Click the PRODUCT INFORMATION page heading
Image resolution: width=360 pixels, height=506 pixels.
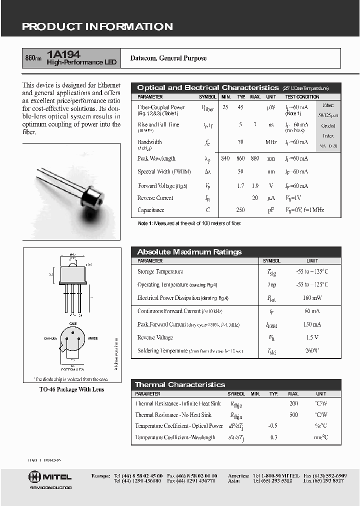click(x=97, y=27)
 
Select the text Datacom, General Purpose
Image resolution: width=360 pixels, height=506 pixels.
click(x=168, y=58)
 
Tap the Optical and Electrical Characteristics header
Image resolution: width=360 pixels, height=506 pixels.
click(x=207, y=87)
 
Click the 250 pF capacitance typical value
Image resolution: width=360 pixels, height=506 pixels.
click(x=240, y=210)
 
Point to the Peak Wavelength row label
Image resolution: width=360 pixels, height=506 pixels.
click(x=156, y=158)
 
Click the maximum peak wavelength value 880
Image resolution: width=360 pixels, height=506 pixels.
click(x=255, y=158)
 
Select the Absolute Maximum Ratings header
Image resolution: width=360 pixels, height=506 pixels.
click(x=189, y=252)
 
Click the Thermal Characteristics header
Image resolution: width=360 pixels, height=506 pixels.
click(x=180, y=384)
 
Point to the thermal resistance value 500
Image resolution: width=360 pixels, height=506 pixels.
click(x=293, y=415)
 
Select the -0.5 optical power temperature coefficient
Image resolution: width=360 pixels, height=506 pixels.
click(x=273, y=426)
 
